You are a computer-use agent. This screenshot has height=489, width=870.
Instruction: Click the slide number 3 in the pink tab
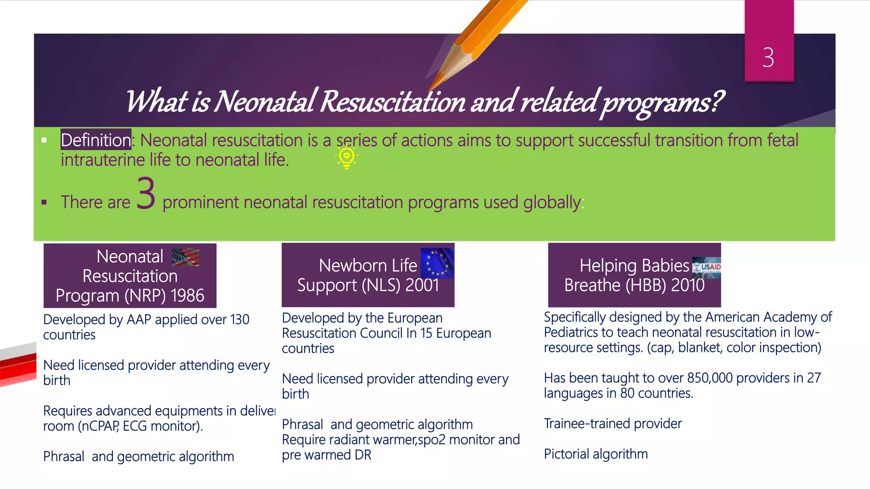pos(768,57)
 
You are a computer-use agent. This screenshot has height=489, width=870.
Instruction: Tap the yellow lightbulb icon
pos(347,156)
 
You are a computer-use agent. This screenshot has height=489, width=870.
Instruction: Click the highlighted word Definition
pos(96,140)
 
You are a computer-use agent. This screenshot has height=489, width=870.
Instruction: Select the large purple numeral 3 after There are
pos(146,194)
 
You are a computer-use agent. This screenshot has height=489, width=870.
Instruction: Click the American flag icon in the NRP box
pos(185,257)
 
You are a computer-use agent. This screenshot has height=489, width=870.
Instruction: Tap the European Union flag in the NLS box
pos(437,263)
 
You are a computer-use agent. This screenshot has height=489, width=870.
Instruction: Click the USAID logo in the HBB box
pos(706,267)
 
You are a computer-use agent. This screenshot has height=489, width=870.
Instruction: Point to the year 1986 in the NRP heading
pos(187,295)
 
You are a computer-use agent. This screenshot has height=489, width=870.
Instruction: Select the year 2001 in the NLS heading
pos(422,285)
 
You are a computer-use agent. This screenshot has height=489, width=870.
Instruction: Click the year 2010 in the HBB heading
pos(688,285)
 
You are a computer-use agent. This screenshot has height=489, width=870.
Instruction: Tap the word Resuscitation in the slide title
pos(393,102)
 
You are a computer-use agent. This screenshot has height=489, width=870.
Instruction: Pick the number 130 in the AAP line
pos(239,319)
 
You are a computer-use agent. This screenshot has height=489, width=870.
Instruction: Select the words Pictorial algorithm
pos(596,454)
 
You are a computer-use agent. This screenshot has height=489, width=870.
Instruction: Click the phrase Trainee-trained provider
pos(613,423)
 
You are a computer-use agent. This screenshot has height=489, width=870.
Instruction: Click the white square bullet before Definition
pos(44,140)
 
